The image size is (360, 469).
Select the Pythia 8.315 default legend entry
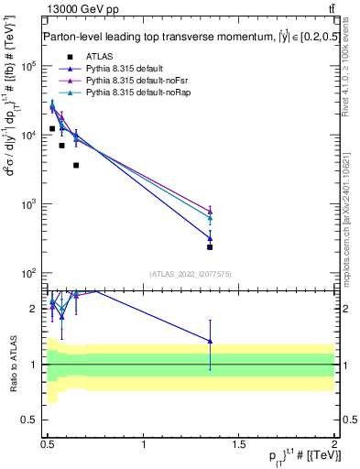(120, 69)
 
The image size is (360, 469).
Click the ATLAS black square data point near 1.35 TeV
(210, 247)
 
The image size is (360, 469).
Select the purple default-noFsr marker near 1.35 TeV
(210, 210)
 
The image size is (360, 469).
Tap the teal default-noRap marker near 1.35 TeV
(210, 218)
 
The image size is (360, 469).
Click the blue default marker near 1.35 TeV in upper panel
(210, 238)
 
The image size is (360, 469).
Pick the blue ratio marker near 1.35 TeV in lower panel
(210, 341)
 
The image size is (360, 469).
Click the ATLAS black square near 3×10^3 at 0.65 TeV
(76, 165)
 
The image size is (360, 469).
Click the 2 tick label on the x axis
(333, 442)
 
